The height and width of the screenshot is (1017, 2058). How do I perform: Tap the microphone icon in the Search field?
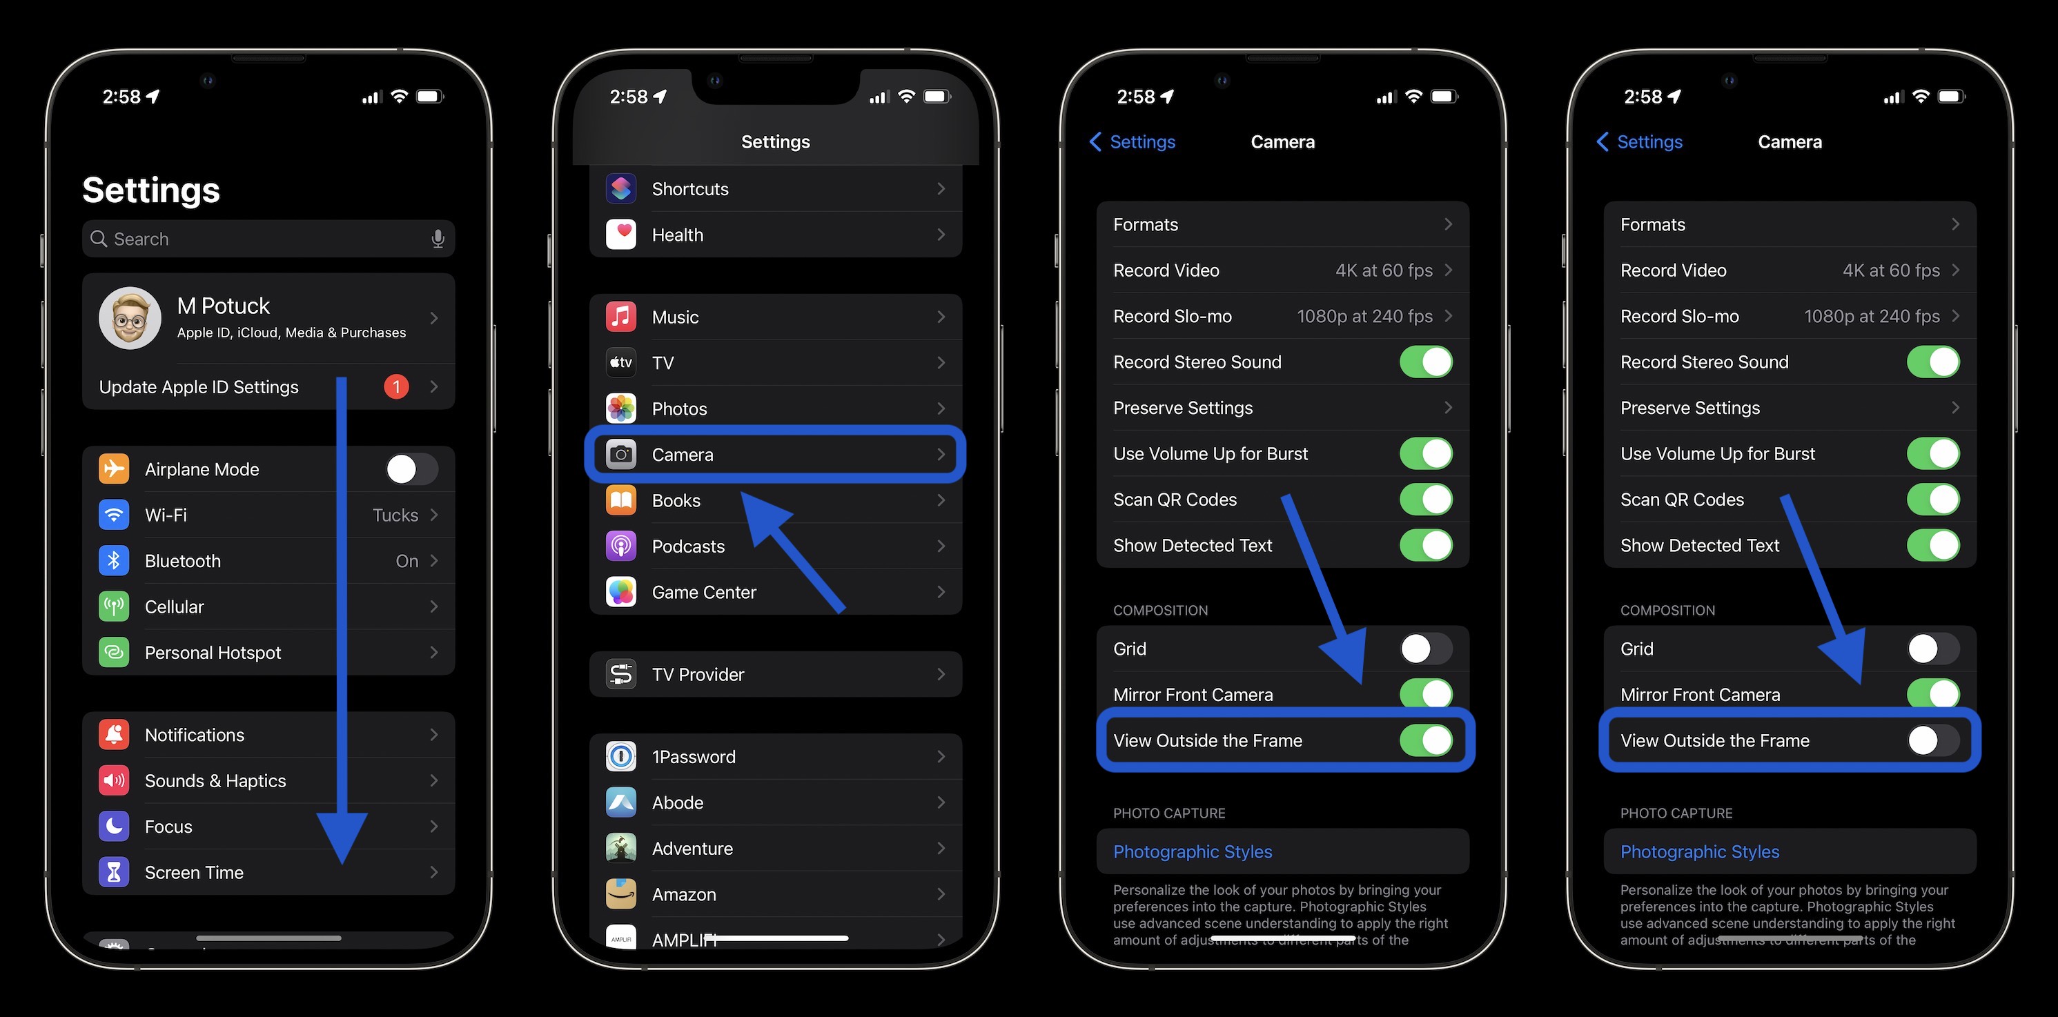[438, 239]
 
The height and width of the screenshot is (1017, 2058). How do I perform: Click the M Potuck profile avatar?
[130, 318]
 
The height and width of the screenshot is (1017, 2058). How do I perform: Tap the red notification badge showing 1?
[396, 386]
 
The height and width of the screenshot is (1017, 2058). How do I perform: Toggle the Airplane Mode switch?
[411, 469]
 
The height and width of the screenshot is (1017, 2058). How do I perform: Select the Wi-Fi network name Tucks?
[395, 515]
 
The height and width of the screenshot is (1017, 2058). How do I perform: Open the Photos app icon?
[620, 408]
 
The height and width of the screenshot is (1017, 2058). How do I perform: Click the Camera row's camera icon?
[620, 455]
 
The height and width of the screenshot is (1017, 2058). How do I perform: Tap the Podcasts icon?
[620, 546]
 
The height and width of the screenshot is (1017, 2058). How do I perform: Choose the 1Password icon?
[620, 757]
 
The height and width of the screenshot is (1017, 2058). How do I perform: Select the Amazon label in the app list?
[684, 895]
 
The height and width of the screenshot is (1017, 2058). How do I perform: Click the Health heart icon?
[620, 235]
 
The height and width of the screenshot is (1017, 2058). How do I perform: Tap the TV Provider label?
[698, 675]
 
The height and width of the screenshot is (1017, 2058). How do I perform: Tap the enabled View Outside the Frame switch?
[1425, 740]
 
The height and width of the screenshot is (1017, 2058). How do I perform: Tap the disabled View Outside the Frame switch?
[1932, 740]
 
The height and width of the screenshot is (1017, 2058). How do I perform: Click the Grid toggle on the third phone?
[1425, 649]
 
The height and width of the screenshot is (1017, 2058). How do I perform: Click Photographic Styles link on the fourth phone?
[1699, 851]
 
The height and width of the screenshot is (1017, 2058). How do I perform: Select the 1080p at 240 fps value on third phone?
[1364, 317]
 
